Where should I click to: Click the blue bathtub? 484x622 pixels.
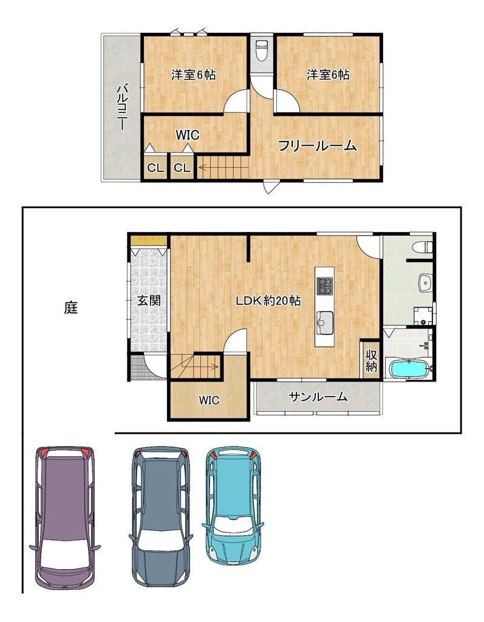coord(409,369)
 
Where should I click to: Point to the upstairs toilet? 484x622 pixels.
coord(261,50)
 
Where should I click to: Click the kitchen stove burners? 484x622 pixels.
coord(324,286)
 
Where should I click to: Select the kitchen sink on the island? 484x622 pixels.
coord(324,323)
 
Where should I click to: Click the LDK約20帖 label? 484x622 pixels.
coord(268,301)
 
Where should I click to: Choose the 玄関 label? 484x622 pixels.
coord(149,300)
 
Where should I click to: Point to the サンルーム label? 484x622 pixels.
coord(318,397)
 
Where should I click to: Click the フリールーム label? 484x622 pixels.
coord(317,146)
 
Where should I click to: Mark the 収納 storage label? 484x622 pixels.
coord(371,360)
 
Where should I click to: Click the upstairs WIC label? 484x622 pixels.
coord(187,135)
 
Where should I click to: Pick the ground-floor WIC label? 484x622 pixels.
coord(209,400)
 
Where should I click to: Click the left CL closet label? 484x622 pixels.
coord(155,168)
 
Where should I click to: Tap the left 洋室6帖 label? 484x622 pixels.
coord(193,74)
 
